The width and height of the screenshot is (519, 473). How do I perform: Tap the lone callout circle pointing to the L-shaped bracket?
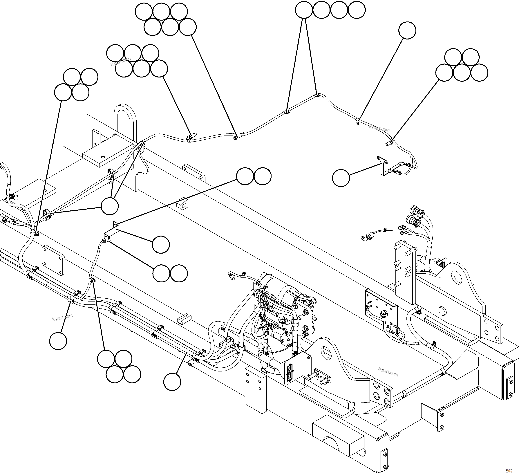pyautogui.click(x=341, y=178)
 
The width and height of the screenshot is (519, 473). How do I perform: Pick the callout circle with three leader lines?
pyautogui.click(x=110, y=206)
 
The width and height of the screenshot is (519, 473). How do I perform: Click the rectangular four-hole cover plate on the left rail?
pyautogui.click(x=54, y=260)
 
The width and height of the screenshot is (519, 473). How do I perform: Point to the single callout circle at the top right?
pyautogui.click(x=407, y=30)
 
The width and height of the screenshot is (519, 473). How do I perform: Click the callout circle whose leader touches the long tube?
pyautogui.click(x=172, y=382)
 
